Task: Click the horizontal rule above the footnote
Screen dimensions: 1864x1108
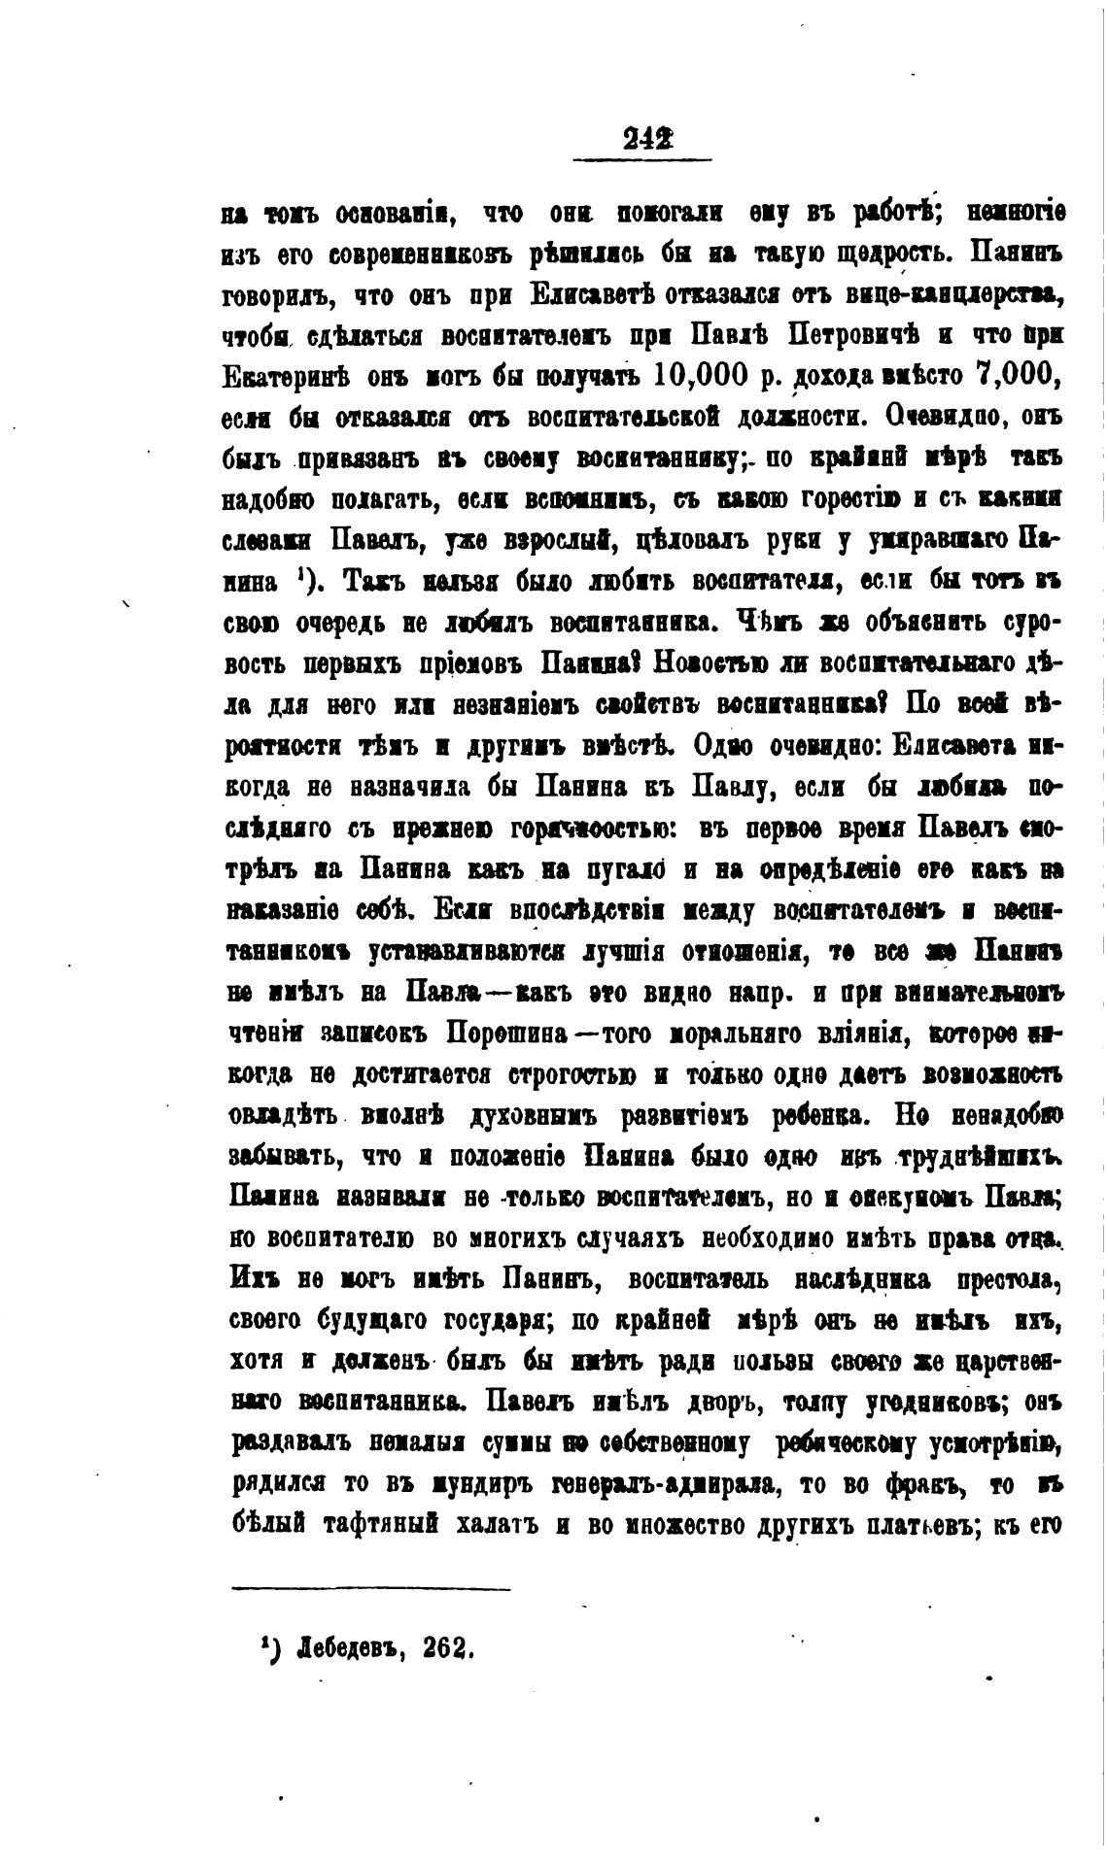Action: (x=371, y=1589)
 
